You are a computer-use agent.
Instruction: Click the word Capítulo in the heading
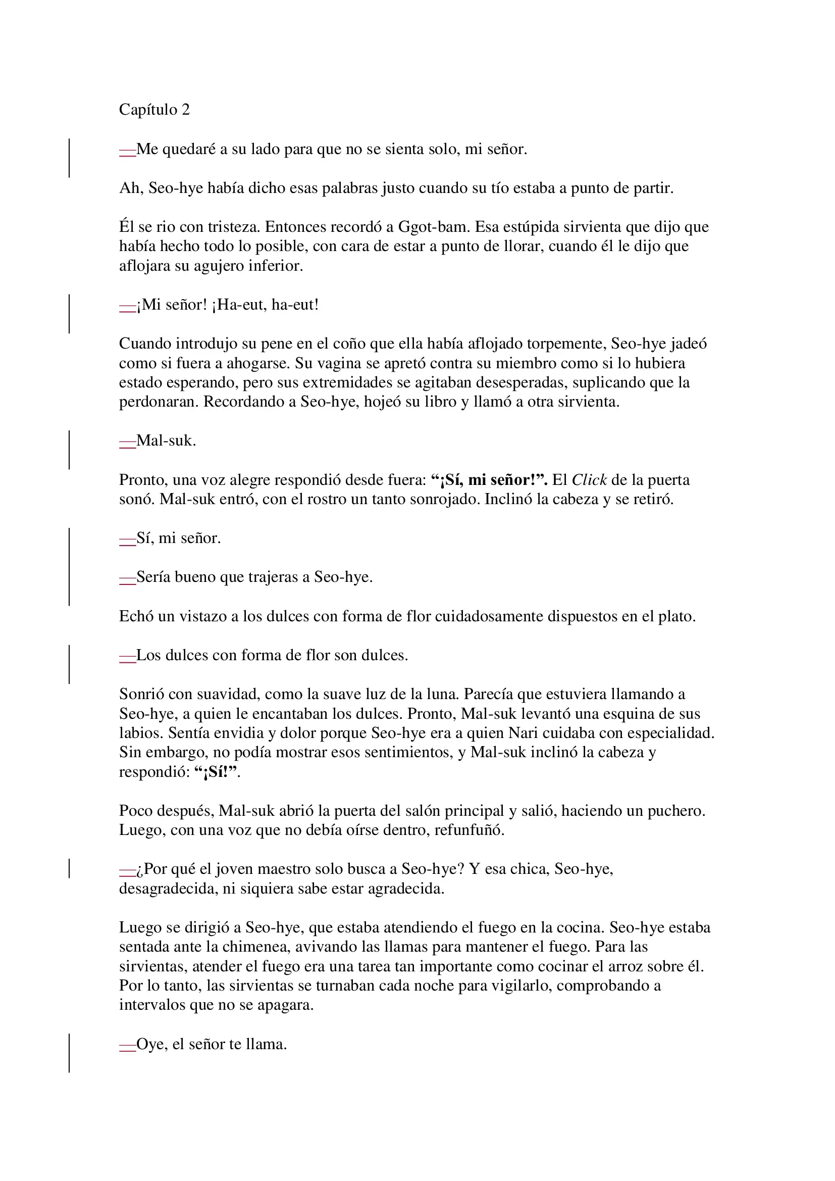tap(147, 110)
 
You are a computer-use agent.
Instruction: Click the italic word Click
tap(589, 480)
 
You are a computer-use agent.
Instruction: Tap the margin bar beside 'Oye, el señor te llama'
tap(69, 1053)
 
